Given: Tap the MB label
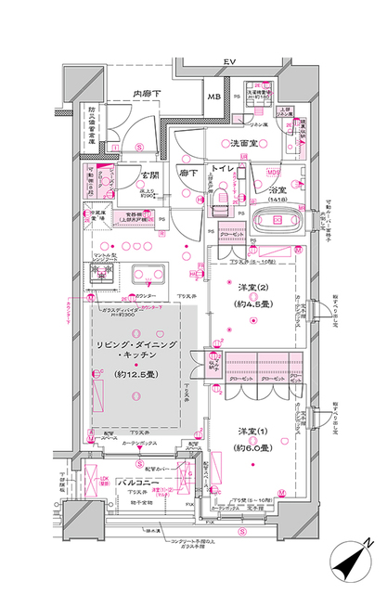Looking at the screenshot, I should coord(213,97).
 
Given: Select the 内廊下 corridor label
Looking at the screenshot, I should coord(145,94).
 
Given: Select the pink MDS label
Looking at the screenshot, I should coord(274,172).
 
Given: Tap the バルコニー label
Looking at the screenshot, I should coord(145,484).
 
